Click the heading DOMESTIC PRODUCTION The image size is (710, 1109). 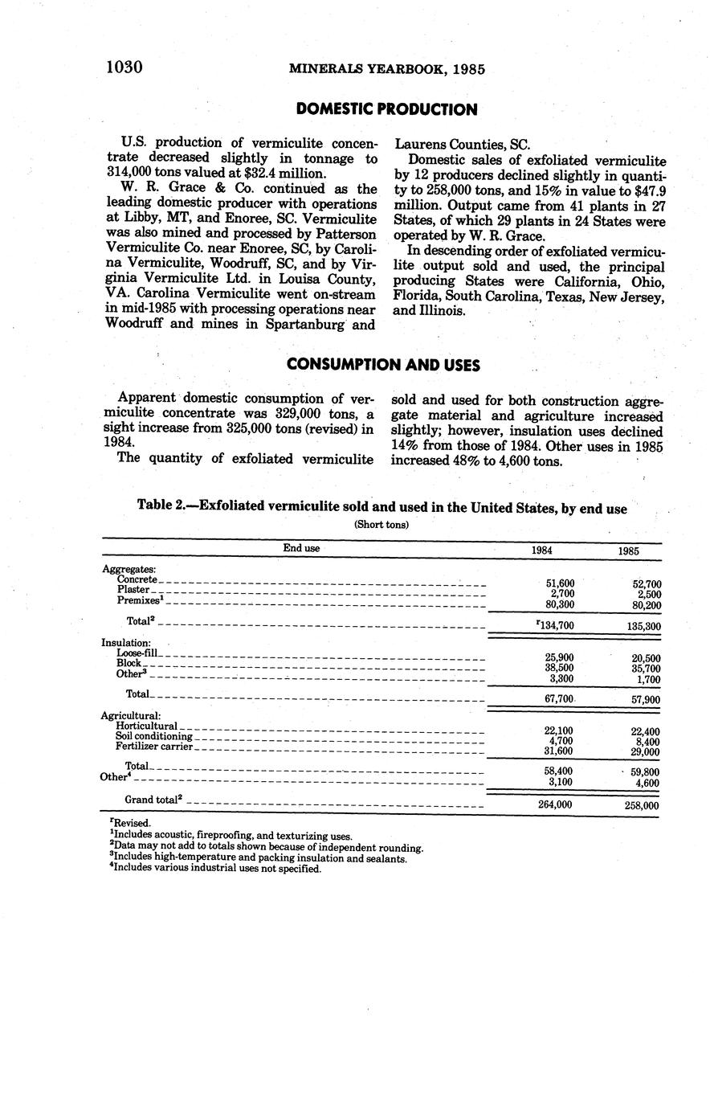pos(386,109)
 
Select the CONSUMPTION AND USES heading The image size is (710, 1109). pos(383,365)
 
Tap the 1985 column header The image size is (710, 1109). pos(629,552)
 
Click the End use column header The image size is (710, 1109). pos(301,548)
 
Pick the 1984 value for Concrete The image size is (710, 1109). pos(560,583)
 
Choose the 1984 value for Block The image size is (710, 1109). pos(559,668)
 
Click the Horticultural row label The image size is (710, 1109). pos(146,726)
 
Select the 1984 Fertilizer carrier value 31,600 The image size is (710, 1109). pos(559,751)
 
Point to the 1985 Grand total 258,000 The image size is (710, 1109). pos(641,805)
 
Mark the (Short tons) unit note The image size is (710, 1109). pos(382,525)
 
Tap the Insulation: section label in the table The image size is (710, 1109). pos(126,643)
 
